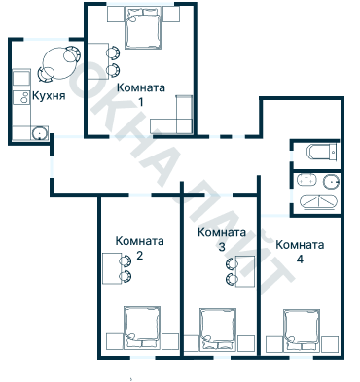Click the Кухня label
click(x=49, y=96)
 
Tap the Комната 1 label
click(x=140, y=93)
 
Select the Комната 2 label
click(x=139, y=248)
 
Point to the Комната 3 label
click(x=221, y=240)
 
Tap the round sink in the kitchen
click(x=40, y=133)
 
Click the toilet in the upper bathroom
click(x=320, y=153)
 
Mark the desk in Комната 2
click(x=112, y=265)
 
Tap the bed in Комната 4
click(x=301, y=329)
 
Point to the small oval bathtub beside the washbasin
click(x=306, y=180)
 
